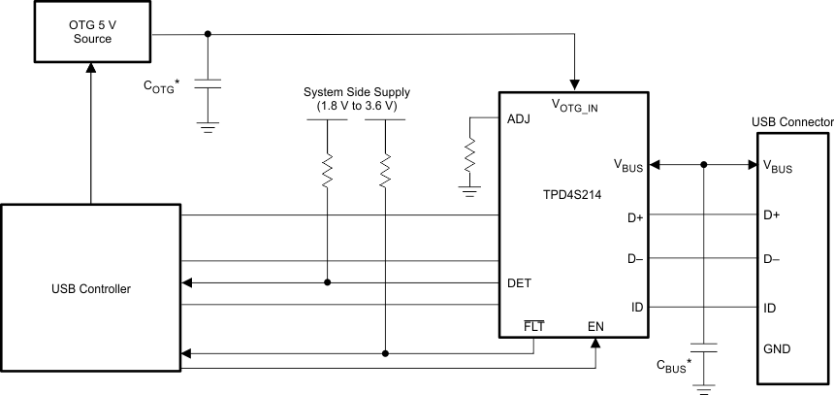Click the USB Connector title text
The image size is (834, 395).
[792, 122]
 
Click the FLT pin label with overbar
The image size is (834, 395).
[533, 326]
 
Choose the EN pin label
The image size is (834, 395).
[595, 326]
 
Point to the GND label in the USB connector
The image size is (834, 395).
[779, 348]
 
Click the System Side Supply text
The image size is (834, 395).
[354, 93]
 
